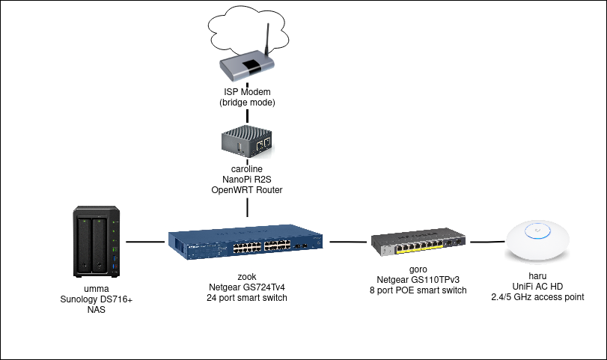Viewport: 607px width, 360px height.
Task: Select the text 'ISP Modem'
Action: click(x=247, y=92)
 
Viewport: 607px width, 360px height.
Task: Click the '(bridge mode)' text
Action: click(x=247, y=103)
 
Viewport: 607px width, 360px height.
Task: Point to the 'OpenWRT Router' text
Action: click(x=247, y=192)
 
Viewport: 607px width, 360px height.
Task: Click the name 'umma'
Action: click(x=97, y=287)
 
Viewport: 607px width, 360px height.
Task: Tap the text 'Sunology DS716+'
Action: click(x=97, y=299)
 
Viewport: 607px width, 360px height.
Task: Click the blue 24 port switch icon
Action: click(x=246, y=242)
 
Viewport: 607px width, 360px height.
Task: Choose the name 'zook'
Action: click(x=247, y=275)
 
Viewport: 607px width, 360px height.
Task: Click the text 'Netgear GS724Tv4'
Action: click(x=247, y=287)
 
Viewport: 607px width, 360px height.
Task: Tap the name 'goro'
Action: click(x=418, y=268)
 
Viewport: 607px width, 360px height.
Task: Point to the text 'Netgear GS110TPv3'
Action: click(x=418, y=279)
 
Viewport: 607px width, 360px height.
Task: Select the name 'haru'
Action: click(x=538, y=275)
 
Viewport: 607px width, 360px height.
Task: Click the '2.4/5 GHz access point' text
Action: click(x=538, y=297)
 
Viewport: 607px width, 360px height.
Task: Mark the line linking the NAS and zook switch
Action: click(x=147, y=242)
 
